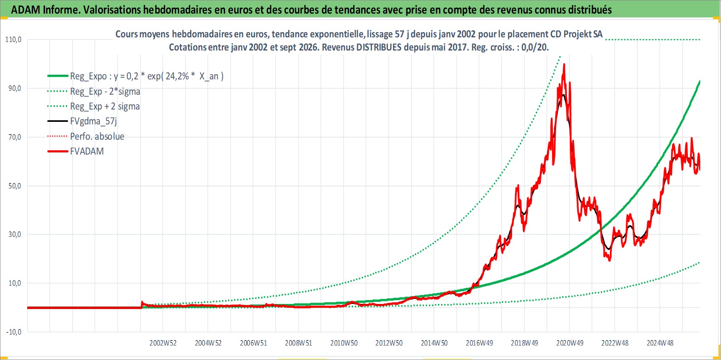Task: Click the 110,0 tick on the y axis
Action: [13, 39]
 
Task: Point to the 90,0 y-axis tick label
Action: [15, 88]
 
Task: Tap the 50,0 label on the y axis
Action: [15, 186]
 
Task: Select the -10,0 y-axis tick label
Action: [14, 332]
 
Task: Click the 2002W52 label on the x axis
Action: [163, 343]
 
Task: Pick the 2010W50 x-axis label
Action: [344, 343]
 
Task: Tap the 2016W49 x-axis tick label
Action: [479, 343]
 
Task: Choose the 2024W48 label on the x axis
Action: [660, 343]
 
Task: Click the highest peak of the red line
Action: [564, 65]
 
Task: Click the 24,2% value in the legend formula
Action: [177, 76]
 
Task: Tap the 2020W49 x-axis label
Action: [570, 343]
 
